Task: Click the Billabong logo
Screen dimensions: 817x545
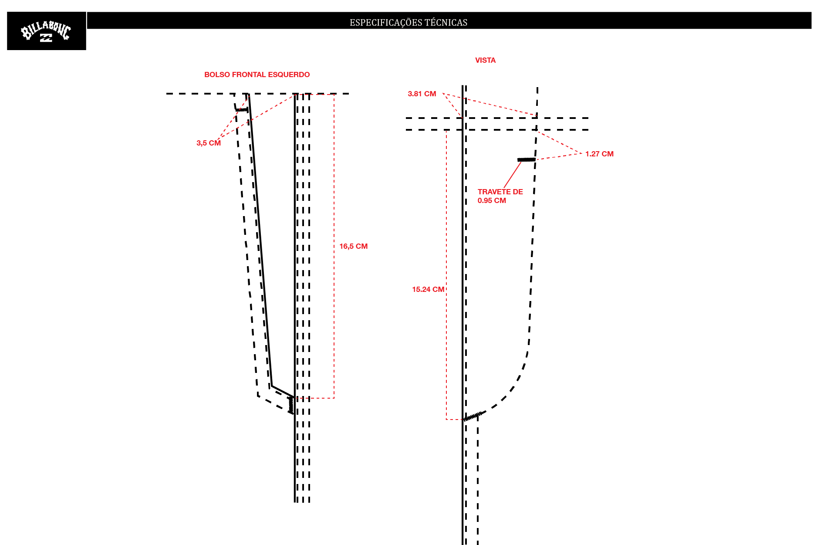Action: (x=46, y=31)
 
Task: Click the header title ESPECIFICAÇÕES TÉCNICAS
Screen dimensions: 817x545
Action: (x=408, y=22)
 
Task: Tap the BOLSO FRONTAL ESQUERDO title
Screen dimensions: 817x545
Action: (x=257, y=74)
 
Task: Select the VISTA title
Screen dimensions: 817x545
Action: (x=485, y=60)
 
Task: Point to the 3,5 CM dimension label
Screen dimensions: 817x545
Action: (x=209, y=143)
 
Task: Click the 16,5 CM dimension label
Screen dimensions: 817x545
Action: (x=354, y=246)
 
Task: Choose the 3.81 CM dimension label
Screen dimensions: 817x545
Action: (x=422, y=94)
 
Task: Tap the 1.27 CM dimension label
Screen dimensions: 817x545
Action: (x=599, y=154)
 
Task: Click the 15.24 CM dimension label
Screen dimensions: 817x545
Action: (x=428, y=289)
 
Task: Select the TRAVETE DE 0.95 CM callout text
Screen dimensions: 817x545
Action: (x=500, y=196)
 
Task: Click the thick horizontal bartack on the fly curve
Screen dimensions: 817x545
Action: (x=527, y=160)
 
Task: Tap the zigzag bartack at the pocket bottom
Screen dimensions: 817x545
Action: (x=291, y=405)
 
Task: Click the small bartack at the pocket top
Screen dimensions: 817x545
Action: (x=241, y=110)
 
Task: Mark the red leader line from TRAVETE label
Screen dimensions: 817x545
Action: (x=513, y=175)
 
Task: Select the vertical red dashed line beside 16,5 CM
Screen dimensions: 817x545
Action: (x=334, y=246)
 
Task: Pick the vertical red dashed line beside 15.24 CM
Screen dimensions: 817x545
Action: (x=446, y=274)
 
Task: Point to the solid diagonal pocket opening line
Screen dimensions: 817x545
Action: (x=260, y=240)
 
